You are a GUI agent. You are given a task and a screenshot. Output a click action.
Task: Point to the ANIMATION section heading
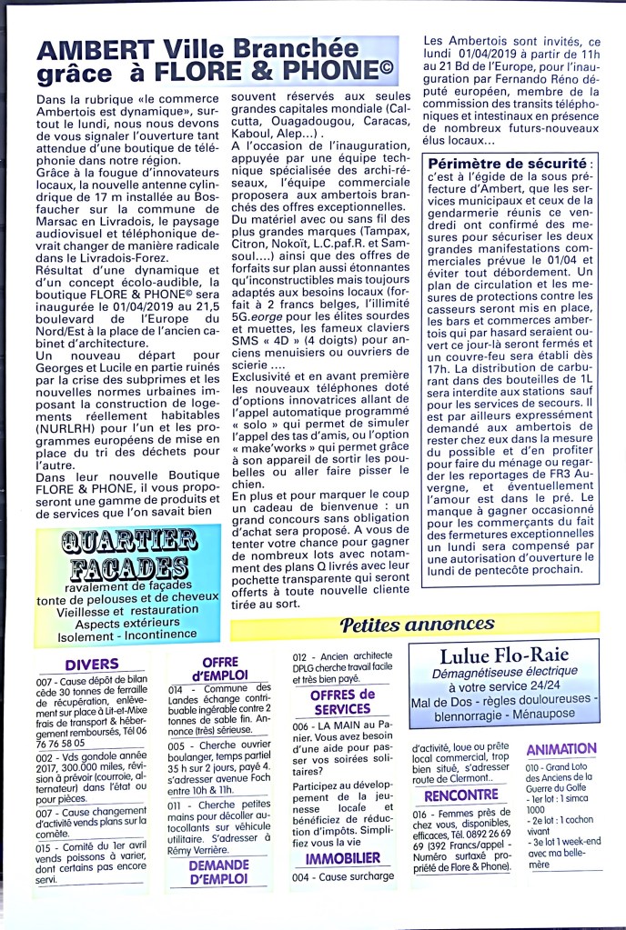[x=561, y=749]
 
